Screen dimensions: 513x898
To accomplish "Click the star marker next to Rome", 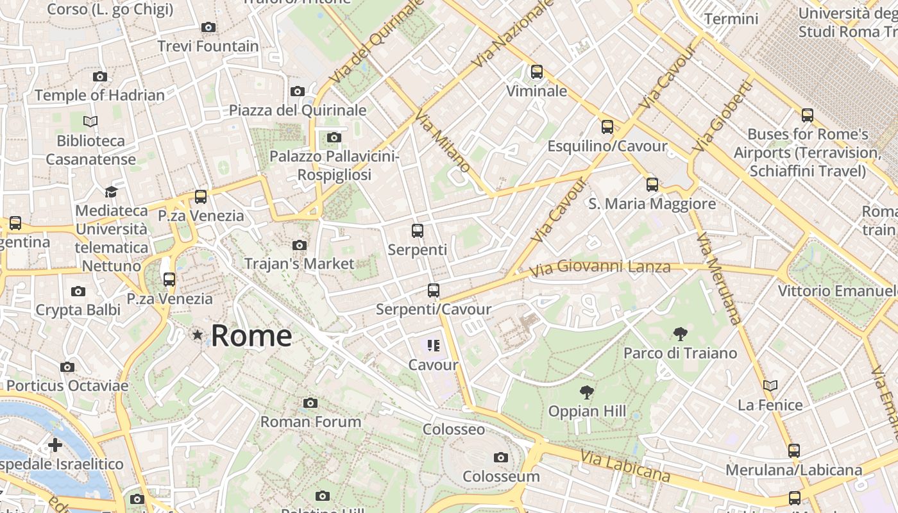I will pyautogui.click(x=198, y=335).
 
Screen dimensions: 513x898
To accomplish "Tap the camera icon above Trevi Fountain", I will pyautogui.click(x=208, y=27).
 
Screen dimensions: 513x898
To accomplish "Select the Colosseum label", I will pyautogui.click(x=501, y=476).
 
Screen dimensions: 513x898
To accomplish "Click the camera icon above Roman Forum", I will pyautogui.click(x=310, y=403).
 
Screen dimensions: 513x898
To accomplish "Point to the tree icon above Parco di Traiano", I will pyautogui.click(x=681, y=333).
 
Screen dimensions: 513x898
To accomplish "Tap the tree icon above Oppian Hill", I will pyautogui.click(x=586, y=392).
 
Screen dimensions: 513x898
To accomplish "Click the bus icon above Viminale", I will pyautogui.click(x=537, y=72).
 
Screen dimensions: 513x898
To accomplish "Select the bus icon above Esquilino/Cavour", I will pyautogui.click(x=607, y=127).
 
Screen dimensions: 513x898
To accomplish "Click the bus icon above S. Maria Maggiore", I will pyautogui.click(x=652, y=185).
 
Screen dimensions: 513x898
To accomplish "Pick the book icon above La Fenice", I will pyautogui.click(x=770, y=385).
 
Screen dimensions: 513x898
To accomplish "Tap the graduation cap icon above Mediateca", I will pyautogui.click(x=111, y=192).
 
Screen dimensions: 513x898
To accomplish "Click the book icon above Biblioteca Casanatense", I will pyautogui.click(x=90, y=121).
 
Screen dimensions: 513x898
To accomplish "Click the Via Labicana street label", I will pyautogui.click(x=625, y=466).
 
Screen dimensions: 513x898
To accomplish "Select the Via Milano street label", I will pyautogui.click(x=443, y=140).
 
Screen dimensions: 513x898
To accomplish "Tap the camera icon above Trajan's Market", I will pyautogui.click(x=299, y=245).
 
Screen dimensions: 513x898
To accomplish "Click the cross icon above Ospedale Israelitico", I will pyautogui.click(x=55, y=444).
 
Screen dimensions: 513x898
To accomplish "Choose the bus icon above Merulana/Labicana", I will pyautogui.click(x=794, y=451).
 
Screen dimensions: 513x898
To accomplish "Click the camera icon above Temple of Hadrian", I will pyautogui.click(x=99, y=76).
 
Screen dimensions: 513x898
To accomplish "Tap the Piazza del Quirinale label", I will pyautogui.click(x=298, y=110).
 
